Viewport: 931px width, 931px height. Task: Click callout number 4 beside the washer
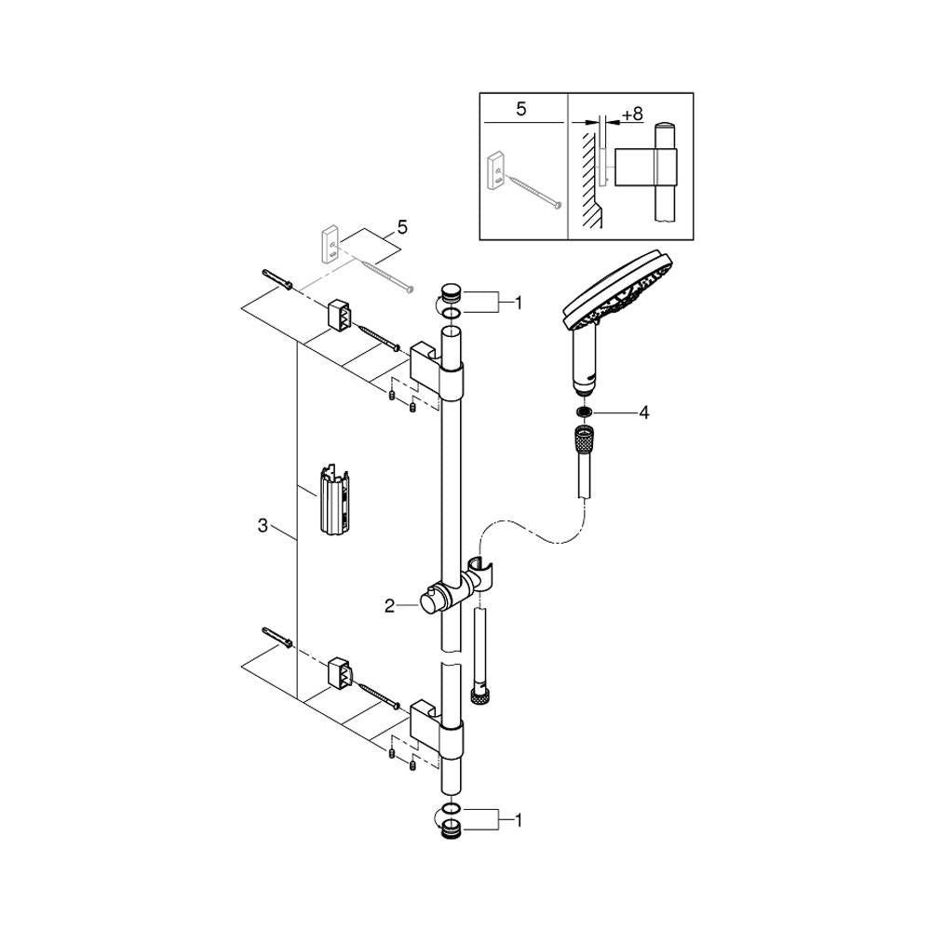coord(644,412)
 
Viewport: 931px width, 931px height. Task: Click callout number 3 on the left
coord(263,525)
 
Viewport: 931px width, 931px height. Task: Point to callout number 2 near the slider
coord(389,606)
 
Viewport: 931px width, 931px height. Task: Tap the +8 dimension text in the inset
coord(632,114)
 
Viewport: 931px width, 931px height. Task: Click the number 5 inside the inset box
coord(521,109)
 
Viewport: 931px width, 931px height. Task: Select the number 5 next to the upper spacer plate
coord(403,227)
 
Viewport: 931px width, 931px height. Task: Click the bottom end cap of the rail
coord(451,828)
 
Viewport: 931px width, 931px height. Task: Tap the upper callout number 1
coord(519,304)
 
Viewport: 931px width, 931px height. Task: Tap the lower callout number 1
coord(519,820)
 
